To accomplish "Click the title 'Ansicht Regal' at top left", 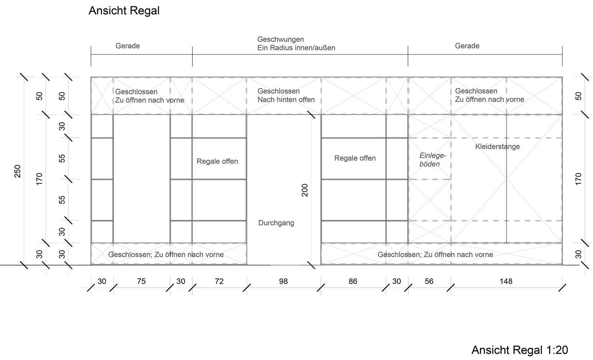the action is click(x=124, y=11).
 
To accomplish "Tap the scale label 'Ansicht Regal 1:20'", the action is click(x=520, y=350).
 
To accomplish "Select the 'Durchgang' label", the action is click(x=276, y=223).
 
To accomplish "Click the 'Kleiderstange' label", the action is click(x=497, y=146).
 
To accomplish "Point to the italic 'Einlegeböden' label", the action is click(x=433, y=160).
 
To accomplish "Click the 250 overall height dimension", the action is click(x=17, y=171).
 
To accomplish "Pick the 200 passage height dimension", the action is click(x=305, y=190).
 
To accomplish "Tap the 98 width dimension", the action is click(x=283, y=281).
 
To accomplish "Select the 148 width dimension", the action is click(x=506, y=281).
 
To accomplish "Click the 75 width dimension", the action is click(x=141, y=281).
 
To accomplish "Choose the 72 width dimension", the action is click(x=219, y=281).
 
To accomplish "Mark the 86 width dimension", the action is click(x=353, y=281).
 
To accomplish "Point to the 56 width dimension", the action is click(x=429, y=281).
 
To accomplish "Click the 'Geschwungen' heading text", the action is click(x=281, y=39).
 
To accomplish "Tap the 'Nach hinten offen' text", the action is click(x=286, y=100).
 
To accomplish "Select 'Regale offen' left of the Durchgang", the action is click(x=217, y=161).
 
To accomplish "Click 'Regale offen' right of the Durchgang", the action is click(x=355, y=158).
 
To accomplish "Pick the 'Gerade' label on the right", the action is click(x=467, y=46).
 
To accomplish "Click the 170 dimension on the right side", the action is click(x=579, y=179).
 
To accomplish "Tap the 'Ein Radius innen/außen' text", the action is click(x=296, y=48).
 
